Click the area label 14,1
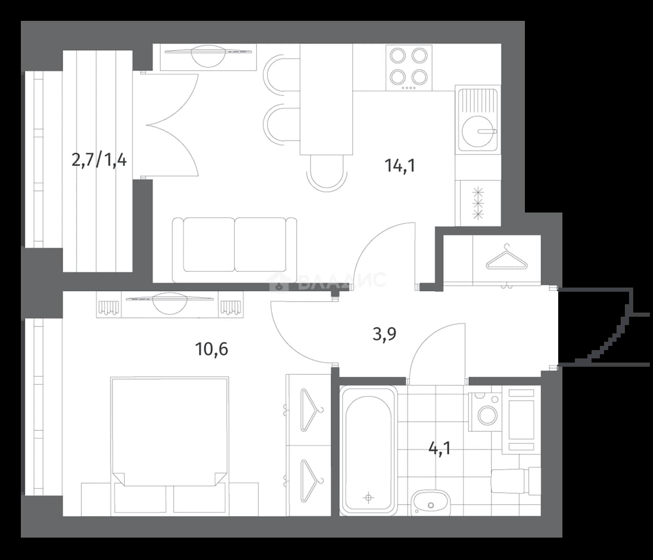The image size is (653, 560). click(x=399, y=166)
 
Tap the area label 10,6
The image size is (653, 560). click(x=211, y=350)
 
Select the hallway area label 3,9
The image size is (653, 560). click(x=384, y=334)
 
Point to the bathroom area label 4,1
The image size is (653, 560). click(x=439, y=449)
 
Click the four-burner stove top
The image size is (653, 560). click(x=409, y=68)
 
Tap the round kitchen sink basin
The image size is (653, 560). click(x=478, y=131)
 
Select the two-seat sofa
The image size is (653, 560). click(x=234, y=250)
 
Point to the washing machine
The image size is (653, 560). click(x=485, y=412)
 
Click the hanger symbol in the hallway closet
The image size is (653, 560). click(x=507, y=257)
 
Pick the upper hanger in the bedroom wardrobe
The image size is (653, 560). click(x=311, y=410)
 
